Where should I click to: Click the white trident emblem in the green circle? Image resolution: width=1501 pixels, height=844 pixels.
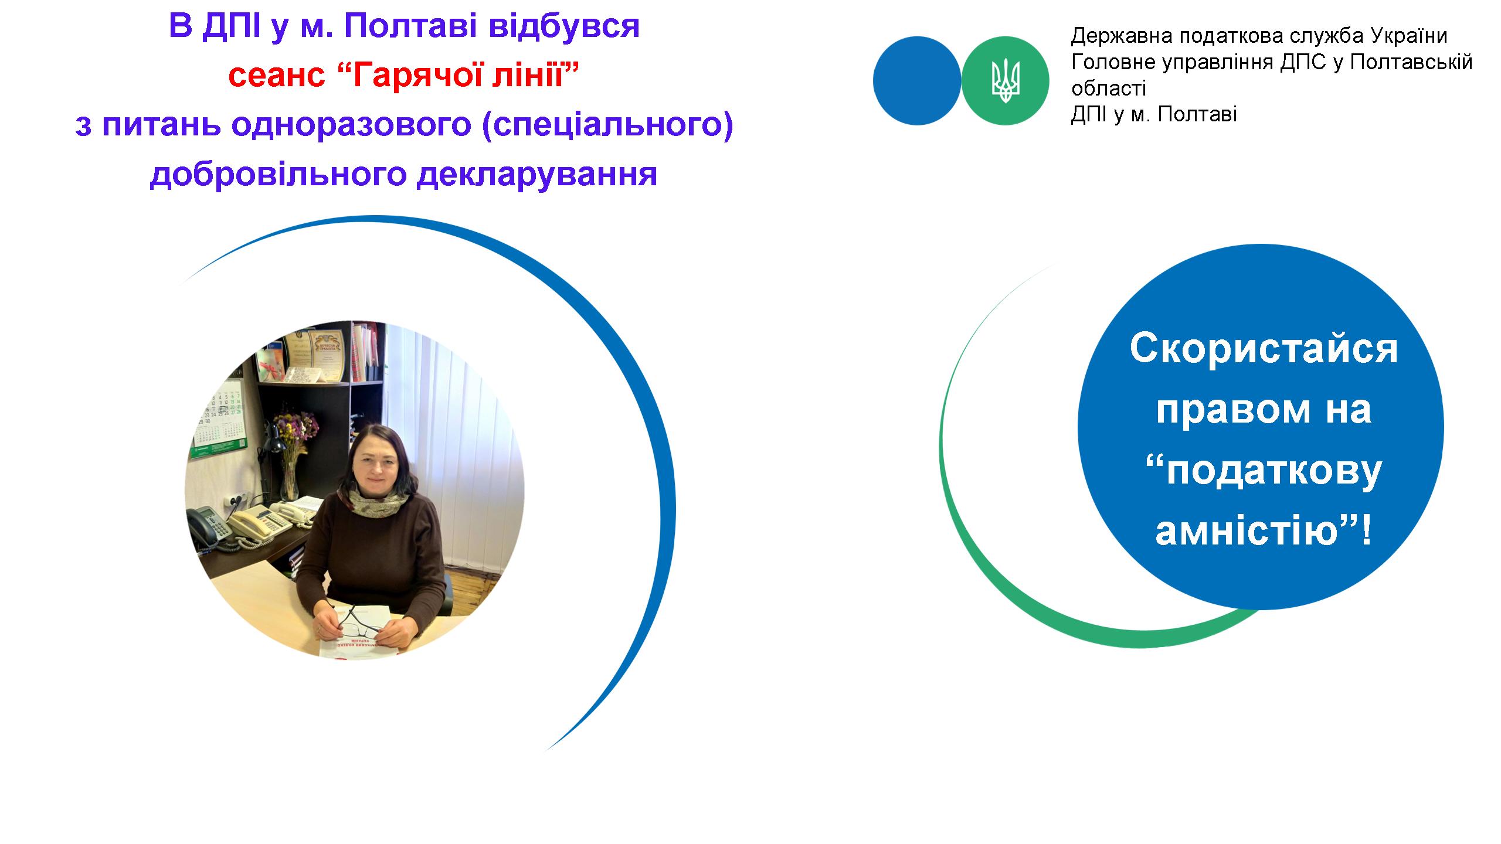1006,81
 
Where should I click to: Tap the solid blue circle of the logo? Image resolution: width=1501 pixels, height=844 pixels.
917,81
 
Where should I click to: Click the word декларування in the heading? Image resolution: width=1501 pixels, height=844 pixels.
536,175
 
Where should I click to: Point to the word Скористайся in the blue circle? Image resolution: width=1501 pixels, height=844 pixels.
1264,349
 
